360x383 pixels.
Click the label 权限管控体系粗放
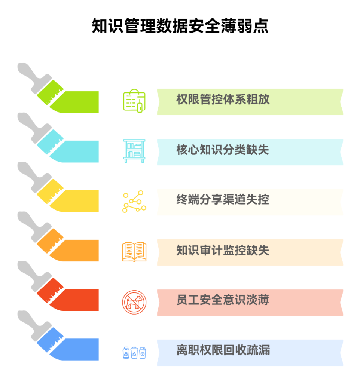coord(223,100)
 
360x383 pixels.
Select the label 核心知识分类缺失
coord(223,150)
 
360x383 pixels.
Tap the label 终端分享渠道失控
coord(223,200)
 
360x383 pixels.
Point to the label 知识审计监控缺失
coord(223,251)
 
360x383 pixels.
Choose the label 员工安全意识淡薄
coord(223,300)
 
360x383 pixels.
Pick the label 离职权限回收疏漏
coord(223,350)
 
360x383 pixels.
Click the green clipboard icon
coord(134,101)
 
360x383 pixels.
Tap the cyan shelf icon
coord(134,151)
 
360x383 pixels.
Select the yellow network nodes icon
coord(134,202)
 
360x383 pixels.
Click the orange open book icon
coord(134,252)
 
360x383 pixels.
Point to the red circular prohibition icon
coord(134,302)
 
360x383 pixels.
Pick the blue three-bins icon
coord(134,353)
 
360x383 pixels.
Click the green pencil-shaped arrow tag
coord(69,98)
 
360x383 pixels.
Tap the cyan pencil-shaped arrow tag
coord(69,148)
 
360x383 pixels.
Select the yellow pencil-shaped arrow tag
coord(69,197)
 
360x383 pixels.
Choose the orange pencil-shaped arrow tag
coord(69,247)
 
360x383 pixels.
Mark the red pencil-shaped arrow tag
coord(69,296)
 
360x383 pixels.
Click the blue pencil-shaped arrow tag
coord(69,346)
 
